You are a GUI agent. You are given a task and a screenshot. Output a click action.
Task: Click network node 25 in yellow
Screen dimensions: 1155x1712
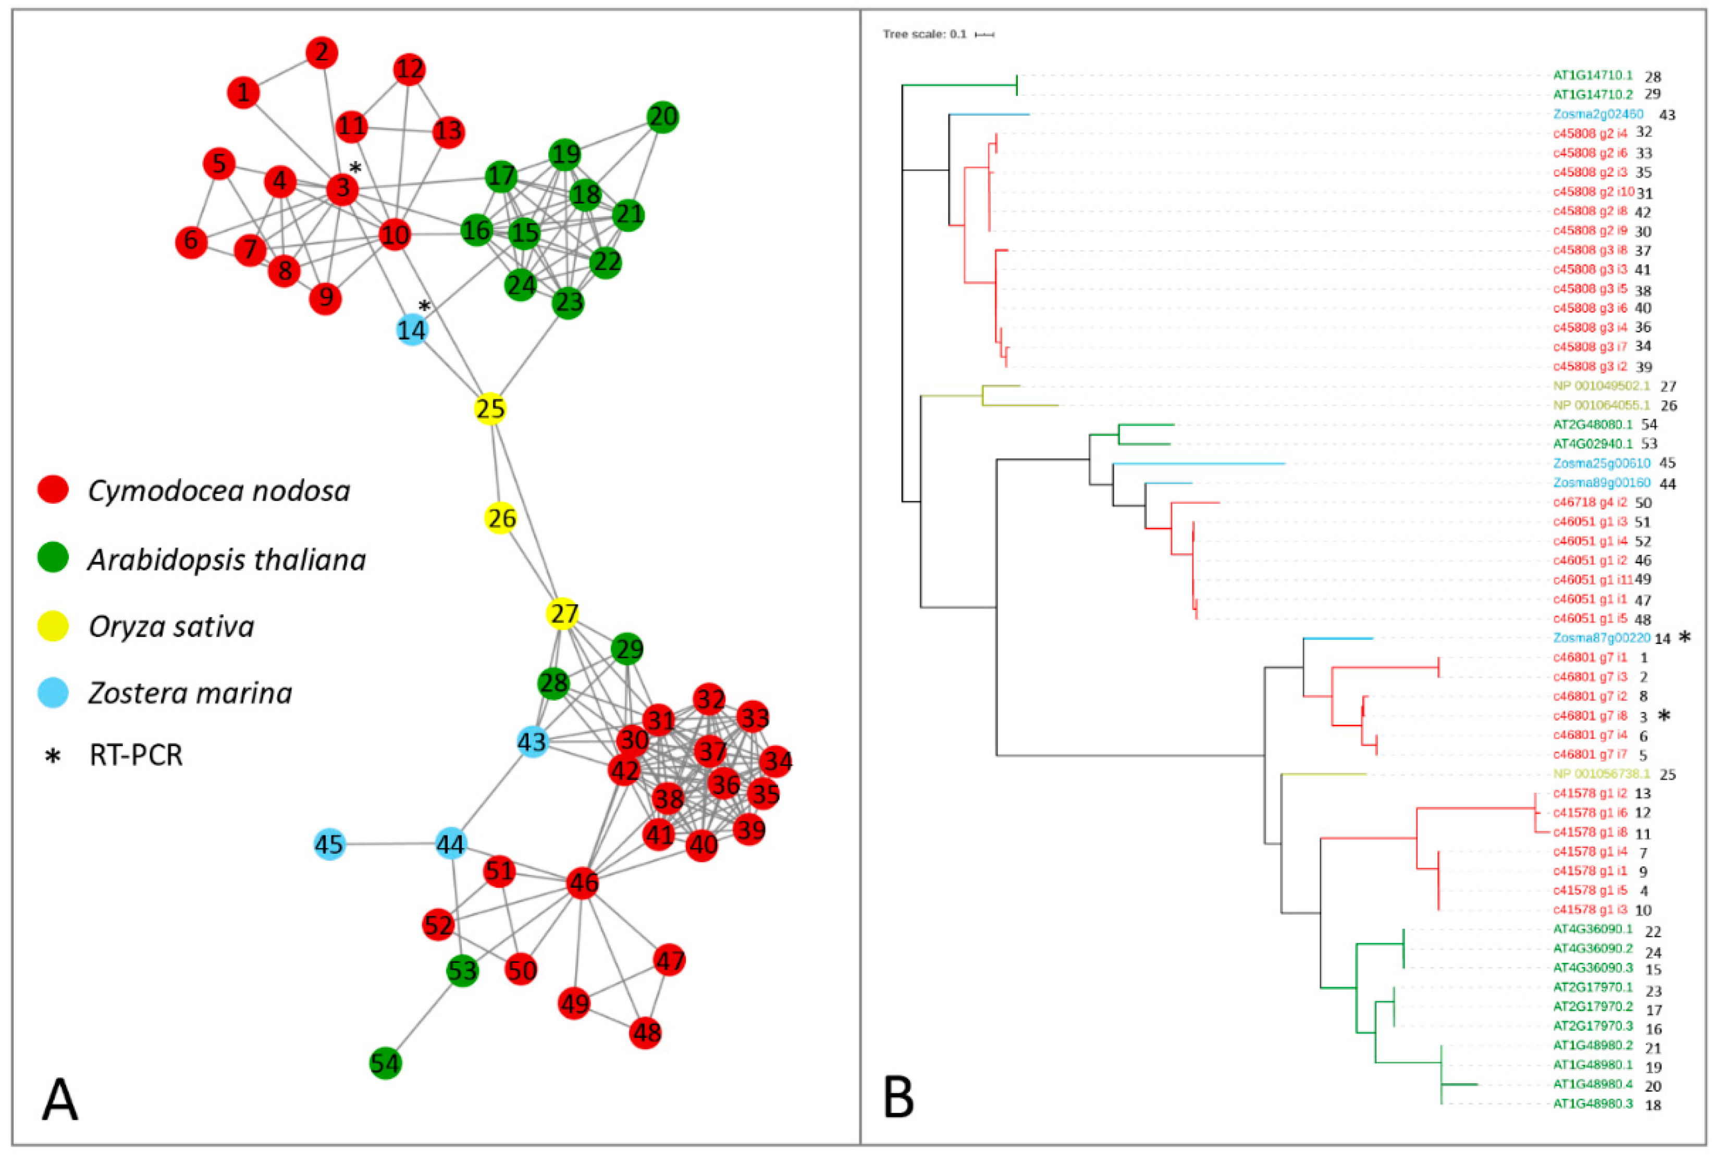coord(490,409)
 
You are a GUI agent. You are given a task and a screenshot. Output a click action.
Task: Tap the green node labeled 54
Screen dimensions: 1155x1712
coord(385,1063)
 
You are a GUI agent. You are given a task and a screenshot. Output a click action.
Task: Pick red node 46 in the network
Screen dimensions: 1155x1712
coord(583,883)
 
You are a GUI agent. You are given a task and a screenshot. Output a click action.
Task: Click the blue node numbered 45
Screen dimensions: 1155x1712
coord(329,844)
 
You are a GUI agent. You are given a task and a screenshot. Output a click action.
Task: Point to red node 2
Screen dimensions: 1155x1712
coord(322,53)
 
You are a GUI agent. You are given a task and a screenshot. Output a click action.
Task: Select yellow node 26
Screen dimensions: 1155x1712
coord(501,518)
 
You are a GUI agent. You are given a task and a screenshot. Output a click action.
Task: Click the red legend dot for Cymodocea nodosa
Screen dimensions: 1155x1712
coord(53,490)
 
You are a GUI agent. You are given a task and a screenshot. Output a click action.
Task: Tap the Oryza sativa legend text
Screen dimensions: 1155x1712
coord(171,627)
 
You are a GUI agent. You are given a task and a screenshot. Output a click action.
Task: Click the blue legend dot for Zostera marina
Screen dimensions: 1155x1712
coord(53,692)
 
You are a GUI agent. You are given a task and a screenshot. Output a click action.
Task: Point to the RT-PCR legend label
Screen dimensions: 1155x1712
coord(136,755)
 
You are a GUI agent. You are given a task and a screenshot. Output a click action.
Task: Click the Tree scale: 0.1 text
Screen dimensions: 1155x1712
coord(925,34)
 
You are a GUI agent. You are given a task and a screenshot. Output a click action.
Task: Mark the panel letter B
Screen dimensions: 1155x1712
coord(898,1098)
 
